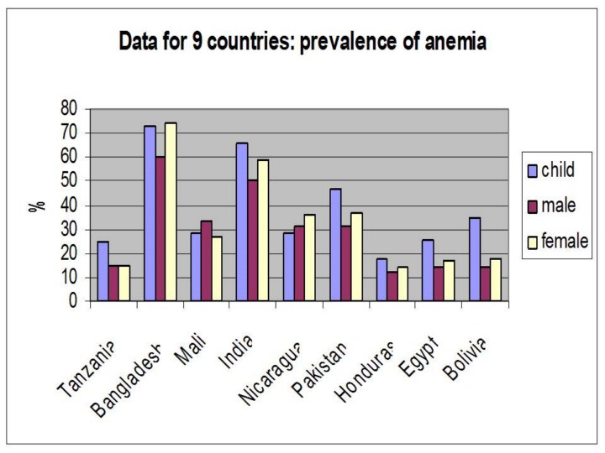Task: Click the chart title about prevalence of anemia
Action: coord(302,41)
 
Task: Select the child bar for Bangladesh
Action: coord(150,213)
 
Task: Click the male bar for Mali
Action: coord(207,260)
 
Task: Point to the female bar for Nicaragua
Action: coord(309,257)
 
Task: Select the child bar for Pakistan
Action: coord(335,244)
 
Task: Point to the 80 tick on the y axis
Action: coord(70,108)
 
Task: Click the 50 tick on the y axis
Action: coord(70,180)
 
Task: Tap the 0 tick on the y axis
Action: coord(74,300)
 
